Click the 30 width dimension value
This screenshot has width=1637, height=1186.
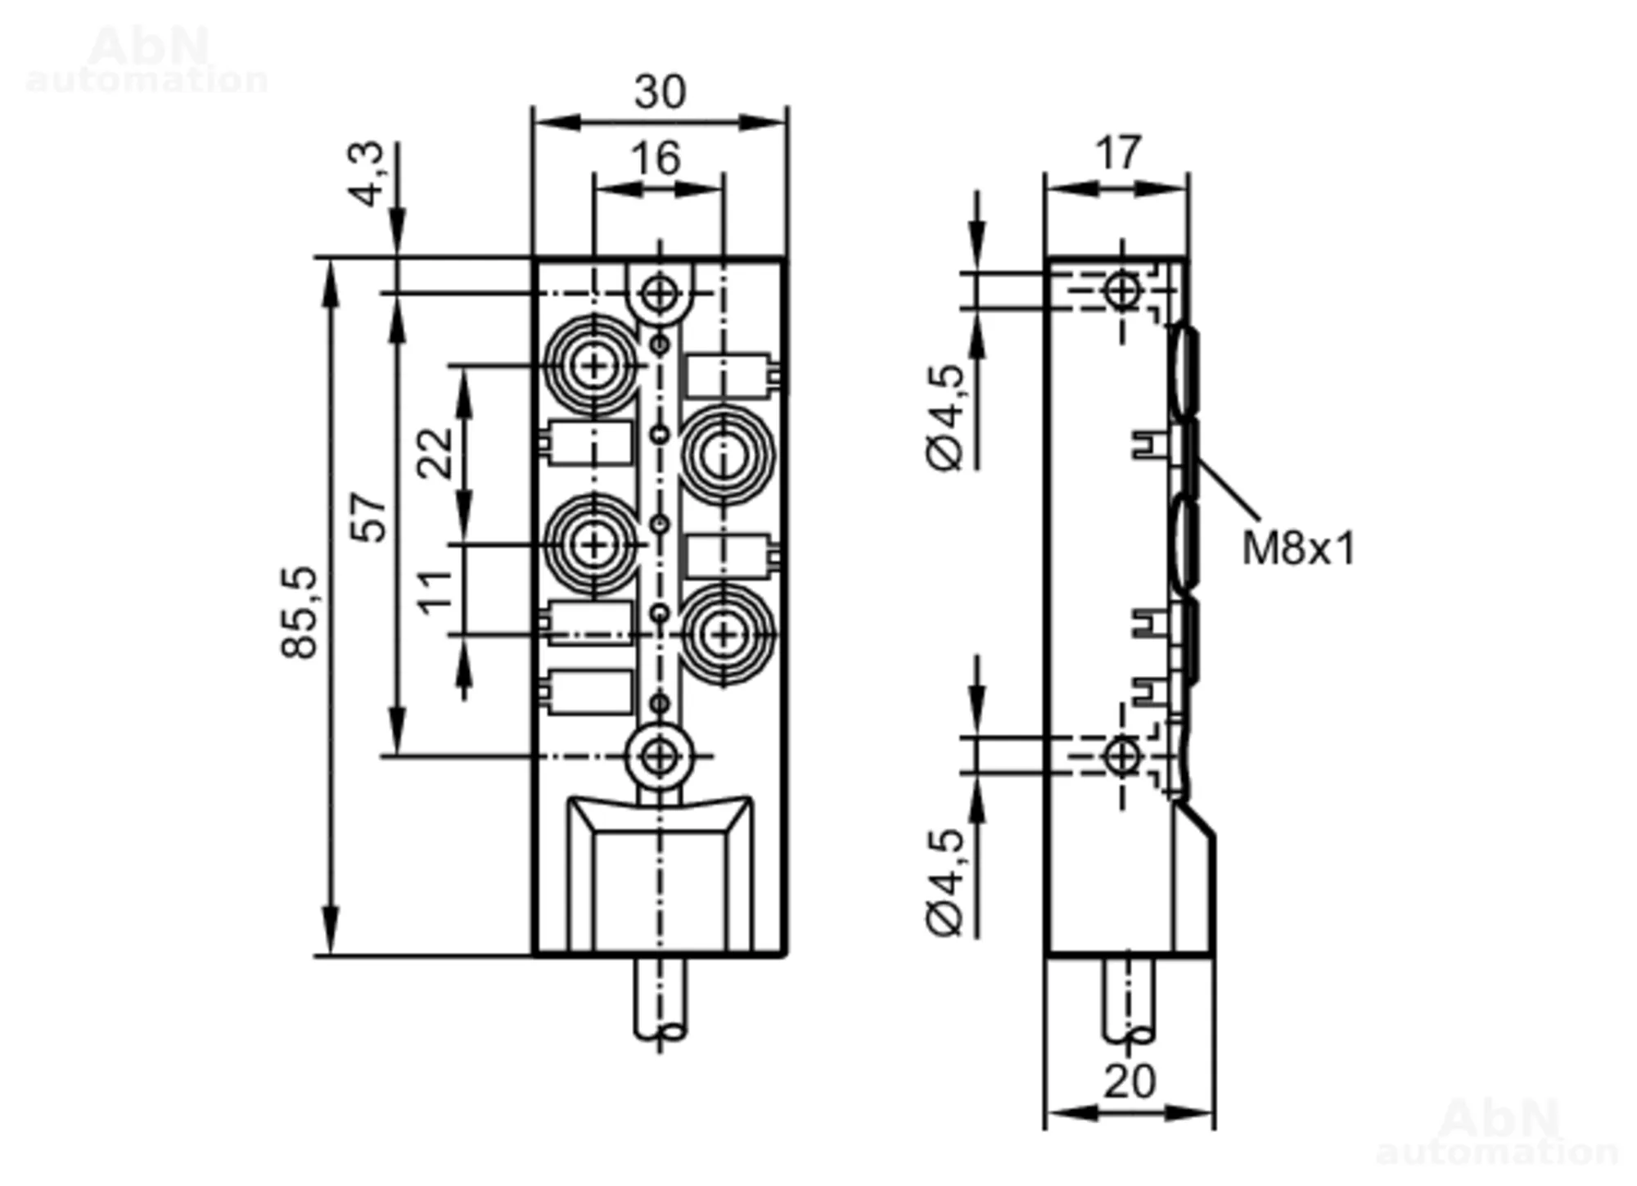(660, 92)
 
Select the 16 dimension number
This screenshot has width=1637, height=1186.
(656, 158)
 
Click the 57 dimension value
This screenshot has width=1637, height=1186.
(368, 517)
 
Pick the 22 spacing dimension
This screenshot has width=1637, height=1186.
(435, 453)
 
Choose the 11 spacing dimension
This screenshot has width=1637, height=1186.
(435, 591)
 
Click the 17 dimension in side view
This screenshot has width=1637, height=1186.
(1117, 153)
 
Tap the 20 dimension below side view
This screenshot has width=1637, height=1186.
(1130, 1082)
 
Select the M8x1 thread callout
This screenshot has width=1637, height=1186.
(1299, 548)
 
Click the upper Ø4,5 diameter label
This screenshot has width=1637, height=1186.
(946, 417)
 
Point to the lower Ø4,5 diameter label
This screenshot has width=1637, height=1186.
(946, 882)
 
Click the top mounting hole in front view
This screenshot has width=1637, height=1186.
(659, 293)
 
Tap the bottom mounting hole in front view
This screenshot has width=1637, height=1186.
(659, 756)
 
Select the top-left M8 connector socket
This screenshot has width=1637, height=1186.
(593, 365)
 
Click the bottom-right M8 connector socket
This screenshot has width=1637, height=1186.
(724, 634)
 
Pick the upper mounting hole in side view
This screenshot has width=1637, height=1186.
(1121, 290)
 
